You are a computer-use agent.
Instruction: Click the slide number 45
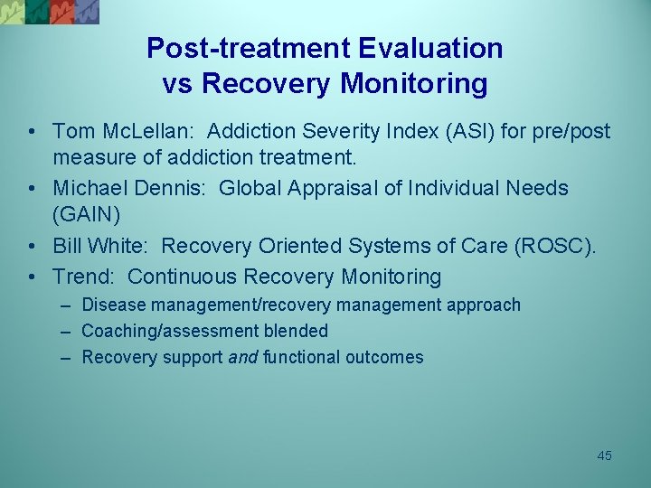pyautogui.click(x=604, y=455)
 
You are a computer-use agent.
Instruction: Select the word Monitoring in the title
pyautogui.click(x=414, y=84)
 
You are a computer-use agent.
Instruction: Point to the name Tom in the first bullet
pyautogui.click(x=73, y=132)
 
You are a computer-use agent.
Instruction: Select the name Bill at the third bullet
pyautogui.click(x=69, y=246)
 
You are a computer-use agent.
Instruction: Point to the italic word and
pyautogui.click(x=242, y=357)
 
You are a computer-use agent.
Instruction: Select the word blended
pyautogui.click(x=297, y=331)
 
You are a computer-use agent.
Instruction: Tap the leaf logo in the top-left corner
pyautogui.click(x=50, y=11)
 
